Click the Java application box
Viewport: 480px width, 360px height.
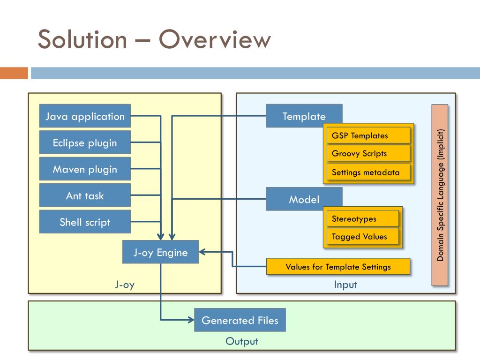click(x=85, y=116)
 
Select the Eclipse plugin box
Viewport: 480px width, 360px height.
click(x=85, y=142)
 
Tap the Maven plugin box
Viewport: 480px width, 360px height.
click(x=85, y=169)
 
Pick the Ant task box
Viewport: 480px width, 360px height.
click(x=85, y=195)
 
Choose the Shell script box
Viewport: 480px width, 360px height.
click(x=85, y=222)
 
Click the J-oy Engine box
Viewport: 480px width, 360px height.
click(x=160, y=252)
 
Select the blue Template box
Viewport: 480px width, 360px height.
click(x=304, y=116)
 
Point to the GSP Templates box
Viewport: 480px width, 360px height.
click(x=368, y=135)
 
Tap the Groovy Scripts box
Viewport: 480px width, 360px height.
click(x=368, y=153)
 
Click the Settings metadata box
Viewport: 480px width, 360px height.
click(x=368, y=172)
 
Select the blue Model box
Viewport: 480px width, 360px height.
click(x=304, y=199)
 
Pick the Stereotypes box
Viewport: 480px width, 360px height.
click(x=363, y=218)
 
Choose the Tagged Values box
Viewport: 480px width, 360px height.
click(x=363, y=236)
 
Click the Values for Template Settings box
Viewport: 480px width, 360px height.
click(x=338, y=267)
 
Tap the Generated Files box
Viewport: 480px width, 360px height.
click(x=240, y=320)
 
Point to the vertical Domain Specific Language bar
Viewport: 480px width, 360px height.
click(x=440, y=195)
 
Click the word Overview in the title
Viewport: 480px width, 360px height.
click(x=215, y=39)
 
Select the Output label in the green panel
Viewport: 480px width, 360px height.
click(x=242, y=341)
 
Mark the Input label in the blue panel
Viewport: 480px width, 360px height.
click(x=345, y=285)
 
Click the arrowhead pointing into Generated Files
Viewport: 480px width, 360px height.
click(x=192, y=320)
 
